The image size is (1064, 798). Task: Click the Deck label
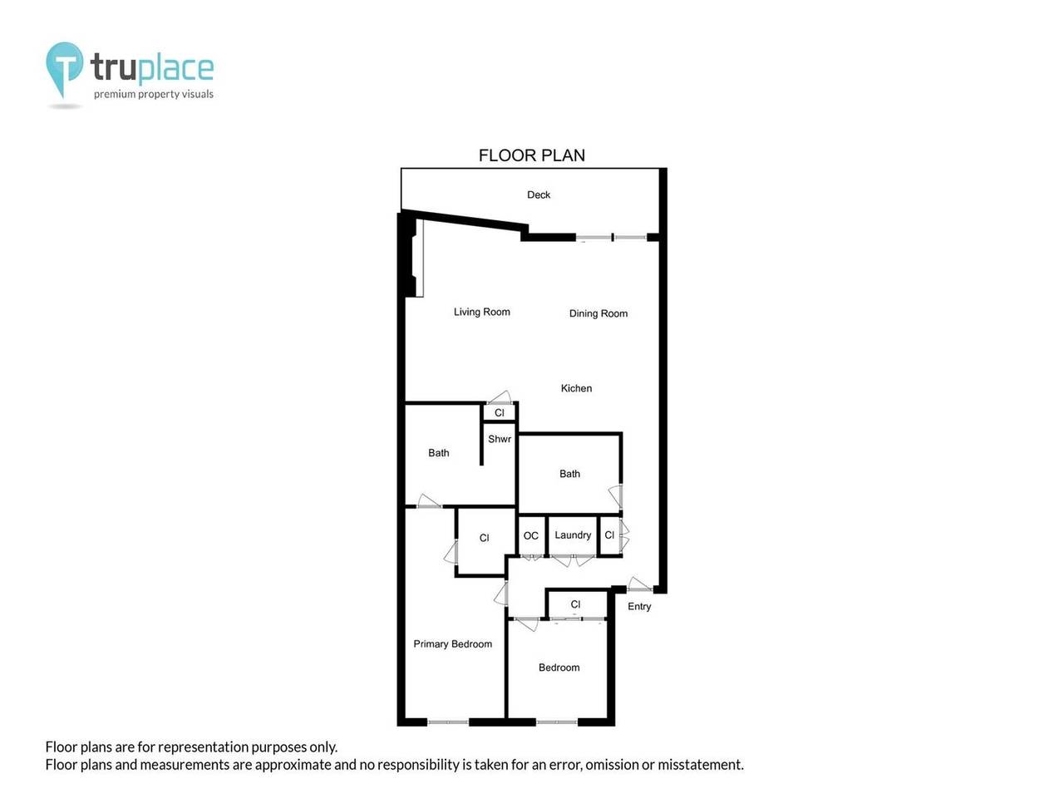[x=539, y=195]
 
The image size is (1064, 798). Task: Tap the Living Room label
[x=481, y=312]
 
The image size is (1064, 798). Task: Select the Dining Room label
[x=598, y=313]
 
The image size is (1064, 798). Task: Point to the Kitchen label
[x=576, y=388]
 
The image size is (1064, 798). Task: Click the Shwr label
[x=500, y=439]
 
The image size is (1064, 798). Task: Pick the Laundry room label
[x=573, y=535]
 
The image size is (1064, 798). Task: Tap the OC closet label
[x=531, y=536]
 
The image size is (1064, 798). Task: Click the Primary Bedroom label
[x=452, y=644]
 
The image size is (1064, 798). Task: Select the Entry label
[x=639, y=606]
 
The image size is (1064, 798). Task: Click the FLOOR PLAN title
[x=531, y=155]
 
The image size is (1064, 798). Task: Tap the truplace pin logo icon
[x=64, y=67]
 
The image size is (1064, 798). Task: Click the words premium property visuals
[x=153, y=94]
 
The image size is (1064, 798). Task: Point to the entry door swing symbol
[x=638, y=584]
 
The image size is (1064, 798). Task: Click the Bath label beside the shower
[x=438, y=453]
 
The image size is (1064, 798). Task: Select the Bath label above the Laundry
[x=569, y=474]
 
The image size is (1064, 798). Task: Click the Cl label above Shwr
[x=500, y=413]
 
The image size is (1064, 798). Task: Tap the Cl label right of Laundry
[x=609, y=535]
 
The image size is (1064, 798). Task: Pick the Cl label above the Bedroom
[x=575, y=604]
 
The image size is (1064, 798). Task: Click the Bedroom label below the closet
[x=559, y=667]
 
